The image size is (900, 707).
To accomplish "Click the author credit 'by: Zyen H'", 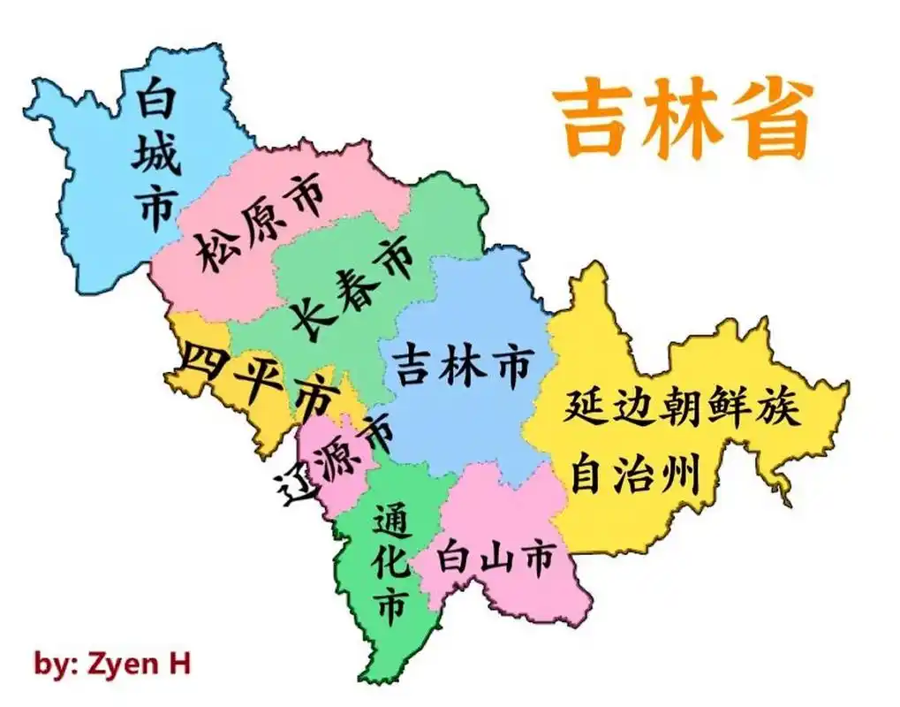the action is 112,663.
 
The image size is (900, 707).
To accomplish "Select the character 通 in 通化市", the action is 389,521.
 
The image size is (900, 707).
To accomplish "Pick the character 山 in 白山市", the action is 497,559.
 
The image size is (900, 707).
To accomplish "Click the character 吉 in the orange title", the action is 594,122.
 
